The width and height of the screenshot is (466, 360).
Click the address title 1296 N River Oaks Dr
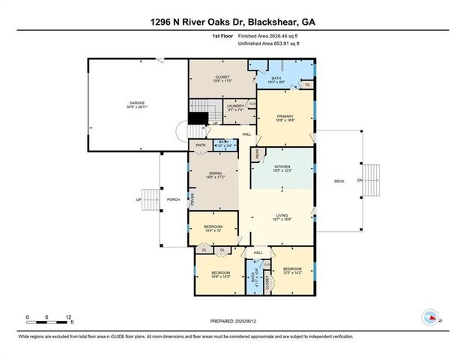232,23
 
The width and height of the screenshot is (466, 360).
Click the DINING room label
215,175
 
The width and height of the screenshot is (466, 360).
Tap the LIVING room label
281,217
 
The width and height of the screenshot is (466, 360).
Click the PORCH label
172,199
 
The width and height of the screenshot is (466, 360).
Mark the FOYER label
193,200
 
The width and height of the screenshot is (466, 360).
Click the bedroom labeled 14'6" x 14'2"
220,274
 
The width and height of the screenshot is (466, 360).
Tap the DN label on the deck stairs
359,180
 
